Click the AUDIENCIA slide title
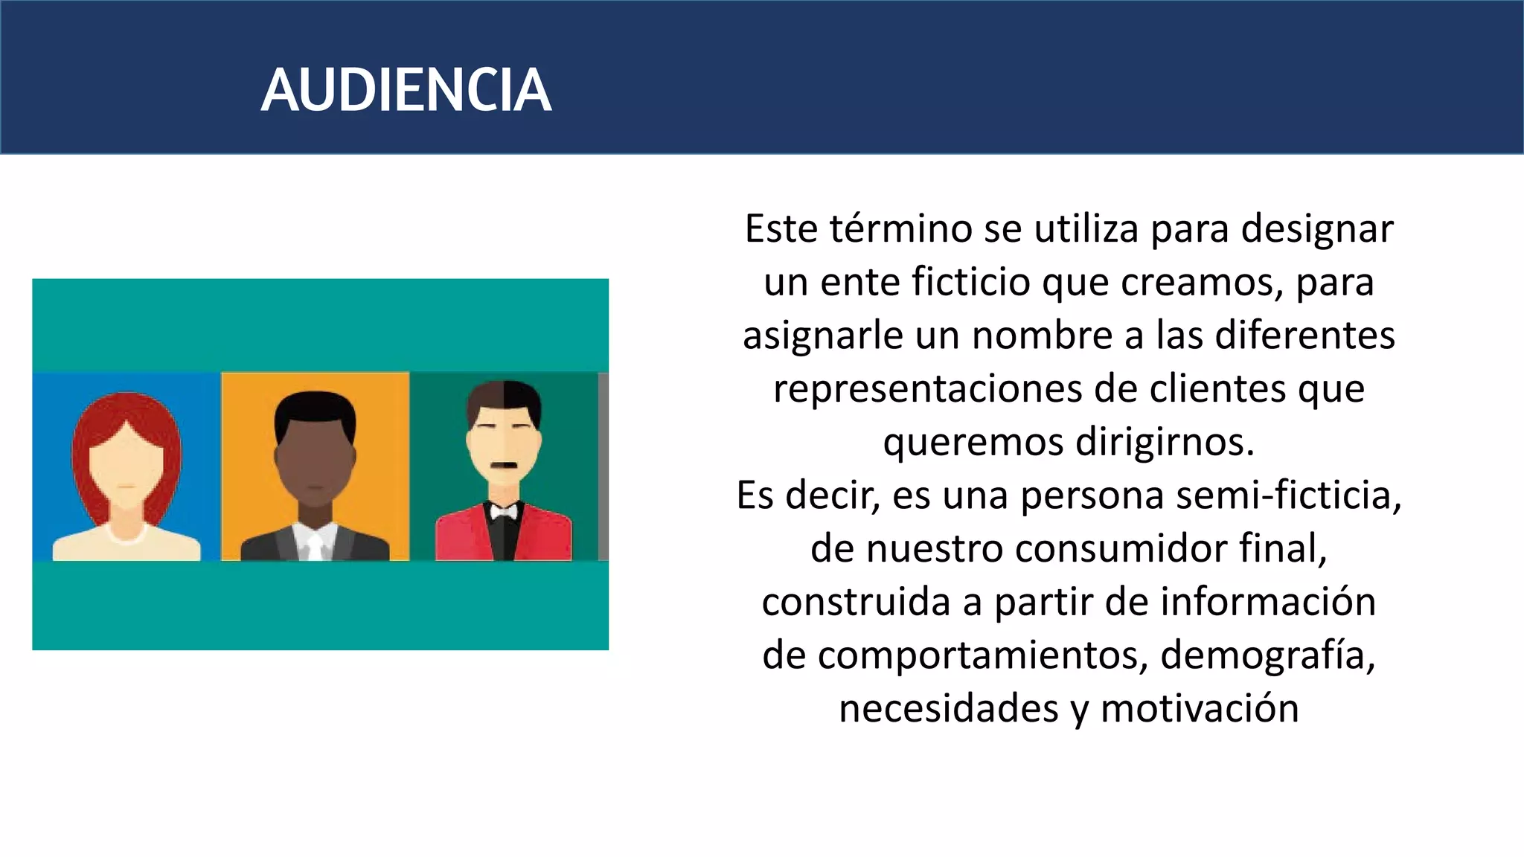point(406,90)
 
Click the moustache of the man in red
point(505,466)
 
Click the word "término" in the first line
point(901,228)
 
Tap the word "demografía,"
point(1267,655)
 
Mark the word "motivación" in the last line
point(1200,708)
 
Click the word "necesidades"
point(949,708)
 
